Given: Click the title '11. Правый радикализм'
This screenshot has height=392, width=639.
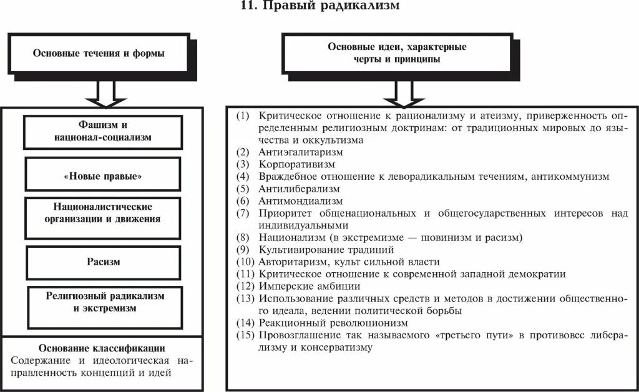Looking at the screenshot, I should (319, 7).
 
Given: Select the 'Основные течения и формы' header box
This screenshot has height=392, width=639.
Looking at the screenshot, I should (99, 54).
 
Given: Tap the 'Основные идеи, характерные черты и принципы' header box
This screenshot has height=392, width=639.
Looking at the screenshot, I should (397, 53).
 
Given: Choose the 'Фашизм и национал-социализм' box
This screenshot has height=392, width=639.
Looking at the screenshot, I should (103, 130).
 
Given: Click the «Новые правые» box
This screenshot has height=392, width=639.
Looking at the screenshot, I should (103, 177).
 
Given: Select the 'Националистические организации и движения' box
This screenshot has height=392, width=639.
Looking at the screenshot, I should (103, 213).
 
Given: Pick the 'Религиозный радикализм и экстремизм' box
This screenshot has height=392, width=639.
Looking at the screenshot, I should (104, 302).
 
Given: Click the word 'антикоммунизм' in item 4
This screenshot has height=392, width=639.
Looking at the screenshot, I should (570, 177).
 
